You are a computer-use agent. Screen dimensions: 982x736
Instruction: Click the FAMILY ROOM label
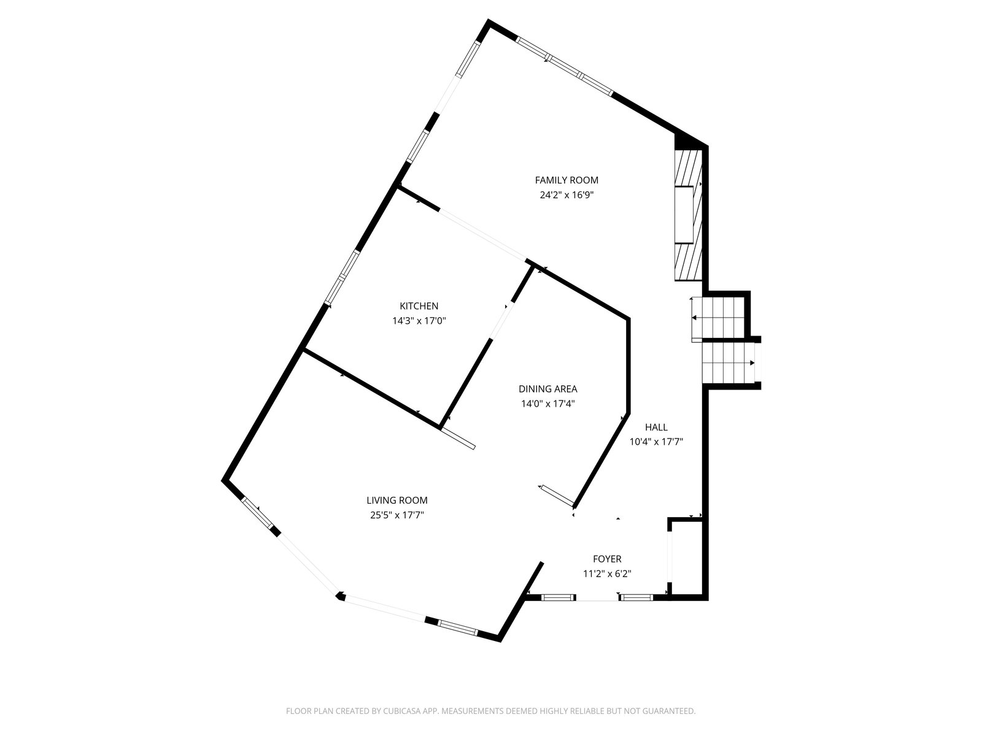tap(566, 180)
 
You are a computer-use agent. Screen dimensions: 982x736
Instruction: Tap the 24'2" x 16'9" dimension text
tap(566, 195)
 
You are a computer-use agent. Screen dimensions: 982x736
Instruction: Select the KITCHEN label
tap(419, 306)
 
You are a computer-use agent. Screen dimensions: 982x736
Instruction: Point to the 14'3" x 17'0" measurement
tap(419, 321)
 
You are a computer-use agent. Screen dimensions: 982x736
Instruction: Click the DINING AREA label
tap(547, 389)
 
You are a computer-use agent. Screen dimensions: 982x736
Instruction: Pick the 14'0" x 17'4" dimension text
tap(547, 404)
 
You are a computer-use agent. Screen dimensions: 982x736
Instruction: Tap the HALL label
tap(656, 427)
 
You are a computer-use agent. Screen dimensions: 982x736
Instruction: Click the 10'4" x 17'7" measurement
tap(656, 442)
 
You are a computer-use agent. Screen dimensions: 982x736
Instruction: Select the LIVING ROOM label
tap(397, 500)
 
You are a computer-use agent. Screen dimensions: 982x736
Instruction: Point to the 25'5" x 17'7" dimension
tap(397, 515)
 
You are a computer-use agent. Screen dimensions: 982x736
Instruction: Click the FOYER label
tap(607, 559)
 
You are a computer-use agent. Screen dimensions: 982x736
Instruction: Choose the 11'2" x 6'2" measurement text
tap(607, 574)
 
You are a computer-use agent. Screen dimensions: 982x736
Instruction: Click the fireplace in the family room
tap(688, 215)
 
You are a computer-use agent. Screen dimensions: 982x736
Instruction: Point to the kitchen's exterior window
tap(342, 277)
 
